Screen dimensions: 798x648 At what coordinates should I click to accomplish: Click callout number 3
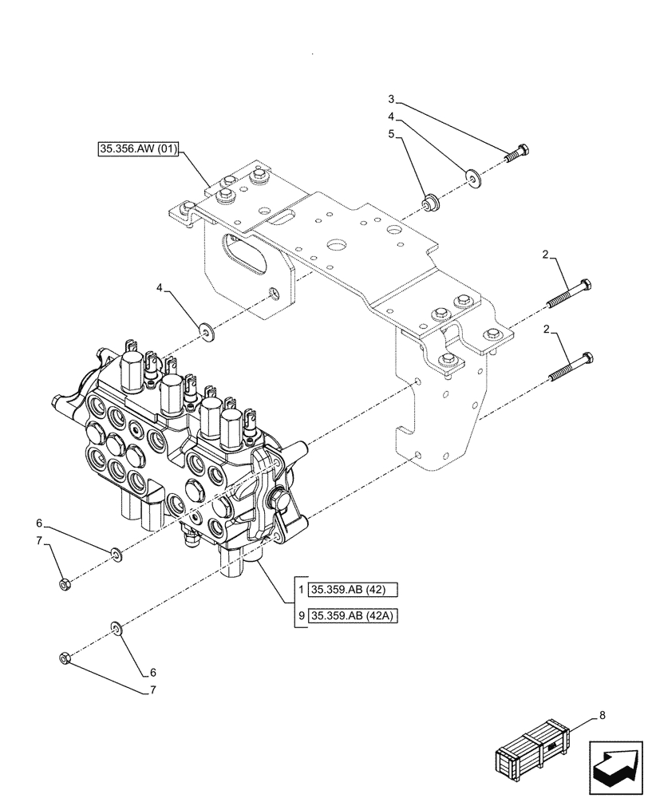pos(391,100)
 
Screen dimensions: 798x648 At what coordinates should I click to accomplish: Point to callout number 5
pos(391,134)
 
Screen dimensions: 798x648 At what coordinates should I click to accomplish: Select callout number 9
pos(301,615)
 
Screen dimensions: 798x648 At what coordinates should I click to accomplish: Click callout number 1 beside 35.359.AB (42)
pos(301,591)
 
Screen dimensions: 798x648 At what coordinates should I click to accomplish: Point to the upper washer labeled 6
pos(116,553)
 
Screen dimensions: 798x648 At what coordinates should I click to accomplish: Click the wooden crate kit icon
pos(534,751)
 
